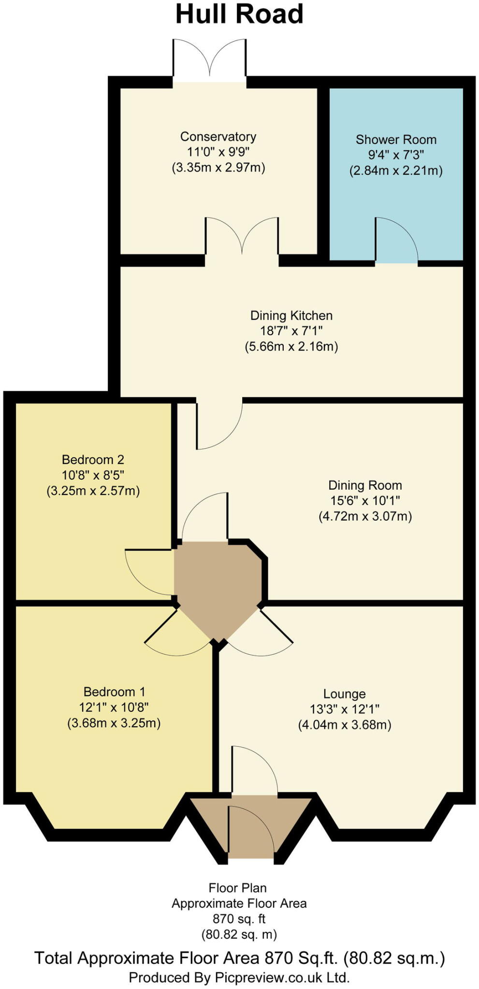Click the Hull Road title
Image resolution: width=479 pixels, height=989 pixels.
click(x=239, y=14)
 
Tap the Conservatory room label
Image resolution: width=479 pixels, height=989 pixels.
click(x=218, y=137)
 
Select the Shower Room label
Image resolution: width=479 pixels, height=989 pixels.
click(x=396, y=140)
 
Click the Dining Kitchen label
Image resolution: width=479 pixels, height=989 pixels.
click(x=291, y=316)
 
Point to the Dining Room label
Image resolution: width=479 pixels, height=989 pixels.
click(x=365, y=485)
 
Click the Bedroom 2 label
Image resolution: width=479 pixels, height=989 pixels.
click(x=93, y=460)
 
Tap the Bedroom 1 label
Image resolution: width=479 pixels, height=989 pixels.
click(x=114, y=692)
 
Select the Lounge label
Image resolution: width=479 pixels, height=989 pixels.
click(x=344, y=694)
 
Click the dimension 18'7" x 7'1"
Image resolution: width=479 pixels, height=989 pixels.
click(x=291, y=331)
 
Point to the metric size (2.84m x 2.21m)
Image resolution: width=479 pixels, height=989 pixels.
click(x=396, y=170)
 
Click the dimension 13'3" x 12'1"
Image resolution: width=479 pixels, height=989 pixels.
click(x=344, y=709)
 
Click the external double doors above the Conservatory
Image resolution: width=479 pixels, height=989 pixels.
click(x=210, y=60)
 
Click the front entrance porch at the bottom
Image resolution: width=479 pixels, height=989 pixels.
click(x=251, y=823)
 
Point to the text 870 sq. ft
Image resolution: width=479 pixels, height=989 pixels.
click(x=239, y=919)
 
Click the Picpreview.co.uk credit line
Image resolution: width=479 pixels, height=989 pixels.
click(x=239, y=977)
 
